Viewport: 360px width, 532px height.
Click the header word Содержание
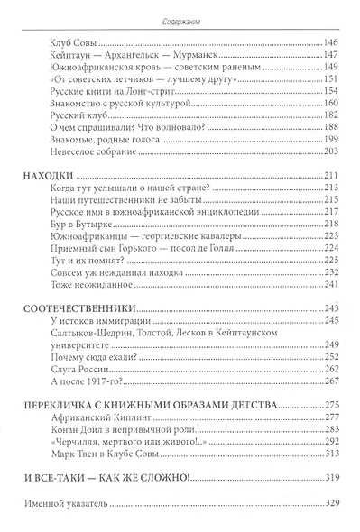coord(180,12)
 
